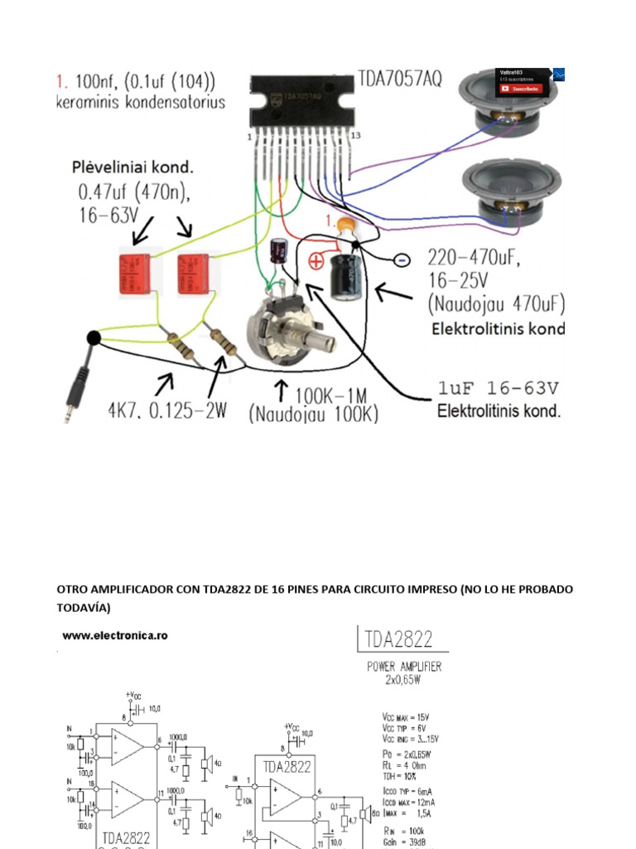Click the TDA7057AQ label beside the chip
(x=400, y=79)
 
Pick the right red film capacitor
(x=195, y=273)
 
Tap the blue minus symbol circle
(x=400, y=260)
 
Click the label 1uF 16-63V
(x=499, y=388)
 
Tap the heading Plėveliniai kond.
(x=132, y=167)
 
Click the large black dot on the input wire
(x=93, y=337)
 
